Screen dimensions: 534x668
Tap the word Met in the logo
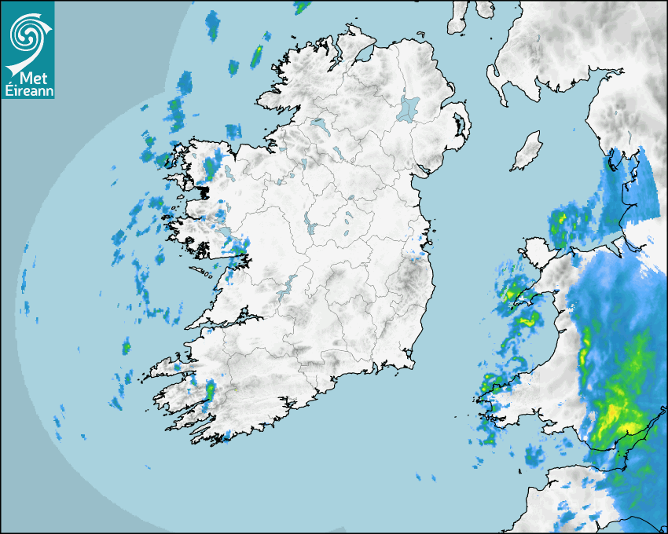36,78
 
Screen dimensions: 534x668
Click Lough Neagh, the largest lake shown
409,108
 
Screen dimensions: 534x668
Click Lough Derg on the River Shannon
288,284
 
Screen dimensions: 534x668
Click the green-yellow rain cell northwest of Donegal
256,56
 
